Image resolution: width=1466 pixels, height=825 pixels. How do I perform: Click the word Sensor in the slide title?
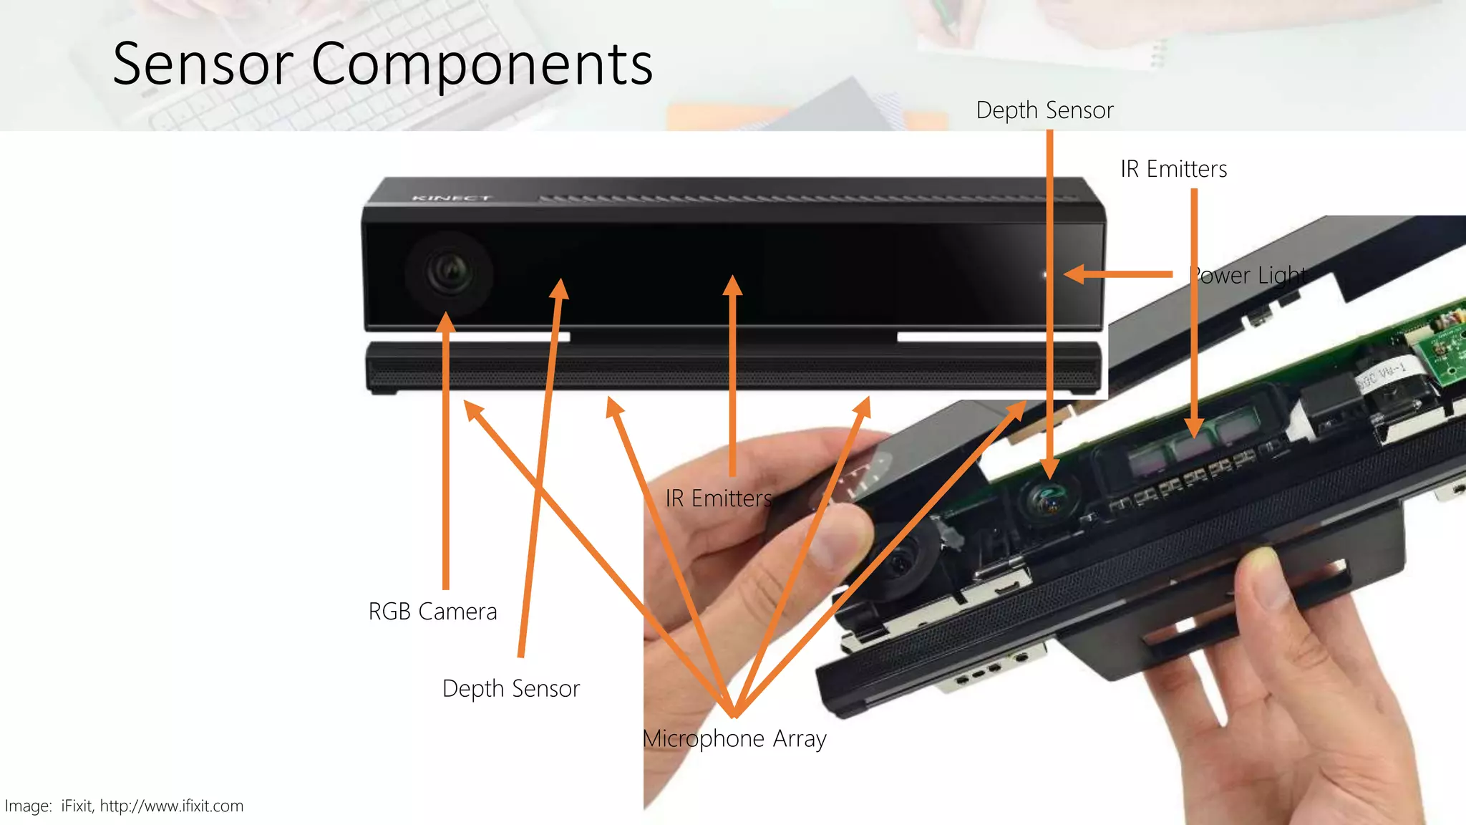[x=203, y=64]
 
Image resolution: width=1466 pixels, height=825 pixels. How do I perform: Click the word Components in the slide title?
[x=482, y=64]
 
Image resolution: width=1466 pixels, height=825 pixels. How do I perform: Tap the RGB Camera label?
[x=432, y=612]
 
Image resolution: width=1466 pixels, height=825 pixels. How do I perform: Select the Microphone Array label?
[x=735, y=738]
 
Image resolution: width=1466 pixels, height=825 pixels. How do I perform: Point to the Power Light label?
[x=1248, y=275]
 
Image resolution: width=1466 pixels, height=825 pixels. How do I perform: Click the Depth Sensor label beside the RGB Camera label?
[x=511, y=688]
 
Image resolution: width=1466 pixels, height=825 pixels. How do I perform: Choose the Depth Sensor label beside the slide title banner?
[x=1044, y=110]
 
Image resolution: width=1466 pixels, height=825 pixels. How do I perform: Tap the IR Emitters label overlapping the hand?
[x=719, y=498]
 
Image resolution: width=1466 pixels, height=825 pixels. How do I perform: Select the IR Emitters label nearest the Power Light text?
[x=1173, y=169]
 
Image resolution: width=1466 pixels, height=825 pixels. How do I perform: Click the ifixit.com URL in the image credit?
[x=172, y=806]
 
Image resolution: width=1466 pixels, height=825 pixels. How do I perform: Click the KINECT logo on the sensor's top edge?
[x=451, y=198]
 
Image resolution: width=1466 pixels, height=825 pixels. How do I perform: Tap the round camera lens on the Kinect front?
[x=449, y=273]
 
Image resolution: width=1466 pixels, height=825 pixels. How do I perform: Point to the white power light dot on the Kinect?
[x=1045, y=274]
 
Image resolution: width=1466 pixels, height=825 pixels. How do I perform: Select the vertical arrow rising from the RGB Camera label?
[x=446, y=451]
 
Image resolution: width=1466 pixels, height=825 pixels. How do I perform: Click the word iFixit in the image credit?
[x=77, y=806]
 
